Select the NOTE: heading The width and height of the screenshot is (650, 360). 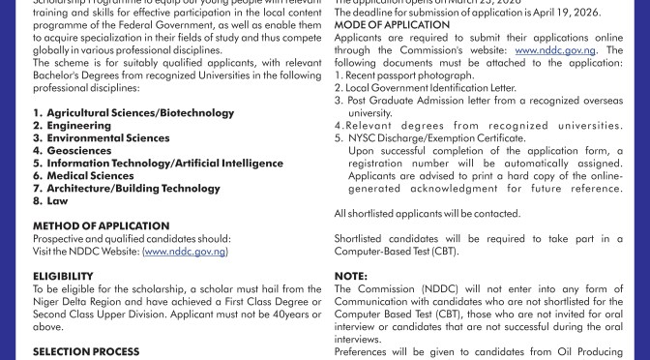pyautogui.click(x=347, y=276)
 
